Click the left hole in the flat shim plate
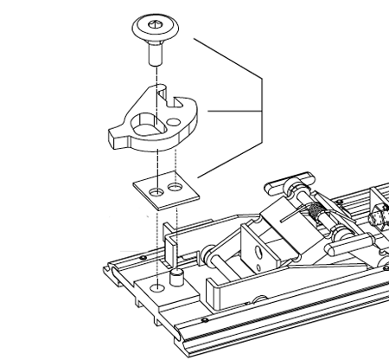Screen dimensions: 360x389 coord(156,189)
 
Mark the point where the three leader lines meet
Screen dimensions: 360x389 coord(262,110)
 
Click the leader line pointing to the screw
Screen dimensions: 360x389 coord(226,57)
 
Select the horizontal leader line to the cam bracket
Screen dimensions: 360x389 coord(233,110)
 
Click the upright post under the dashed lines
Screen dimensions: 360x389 coord(168,247)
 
